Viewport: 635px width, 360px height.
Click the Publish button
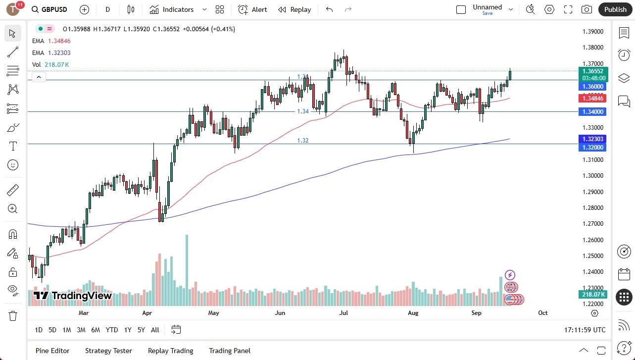tap(615, 9)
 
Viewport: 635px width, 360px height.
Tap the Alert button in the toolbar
tap(252, 9)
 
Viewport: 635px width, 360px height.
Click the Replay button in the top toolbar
tap(294, 9)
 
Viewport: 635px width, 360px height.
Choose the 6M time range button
tap(96, 330)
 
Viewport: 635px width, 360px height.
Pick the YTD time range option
tap(112, 330)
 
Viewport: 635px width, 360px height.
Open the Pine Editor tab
tap(52, 351)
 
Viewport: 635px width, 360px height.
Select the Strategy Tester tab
tap(108, 351)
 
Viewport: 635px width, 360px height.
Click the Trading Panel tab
tap(230, 351)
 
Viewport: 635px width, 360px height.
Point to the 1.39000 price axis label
tap(592, 32)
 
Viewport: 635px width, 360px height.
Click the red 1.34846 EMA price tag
tap(592, 99)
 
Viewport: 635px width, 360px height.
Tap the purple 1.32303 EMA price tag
tap(592, 139)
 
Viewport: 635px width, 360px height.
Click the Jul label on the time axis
tap(344, 313)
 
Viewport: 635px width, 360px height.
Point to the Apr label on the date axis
tap(147, 313)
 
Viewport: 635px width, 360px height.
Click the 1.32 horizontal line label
tap(302, 141)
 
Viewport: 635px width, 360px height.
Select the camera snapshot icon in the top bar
tap(586, 9)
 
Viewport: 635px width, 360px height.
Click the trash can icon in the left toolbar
tap(13, 315)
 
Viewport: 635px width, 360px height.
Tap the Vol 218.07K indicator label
tap(50, 65)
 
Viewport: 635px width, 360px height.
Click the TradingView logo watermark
tap(73, 296)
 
